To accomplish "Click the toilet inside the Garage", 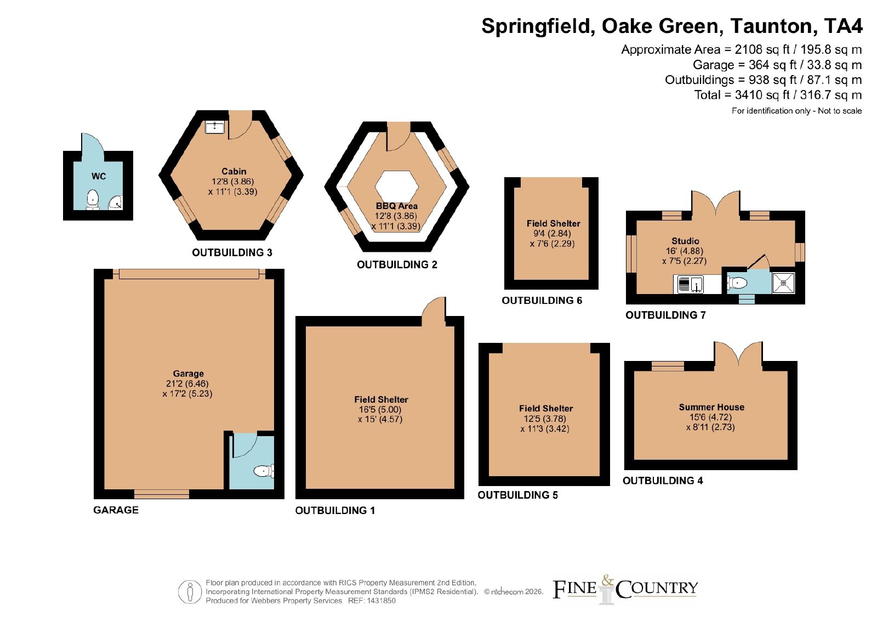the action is (x=264, y=471).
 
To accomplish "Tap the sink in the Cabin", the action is (x=215, y=127).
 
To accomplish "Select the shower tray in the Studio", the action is (x=783, y=283).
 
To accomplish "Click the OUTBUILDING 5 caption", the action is (x=517, y=495).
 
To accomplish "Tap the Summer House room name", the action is (x=711, y=407).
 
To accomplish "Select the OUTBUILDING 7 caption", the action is (x=665, y=315).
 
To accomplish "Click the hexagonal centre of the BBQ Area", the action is (x=397, y=187).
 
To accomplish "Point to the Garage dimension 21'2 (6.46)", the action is (x=187, y=383).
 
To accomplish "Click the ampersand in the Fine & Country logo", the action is (x=607, y=580).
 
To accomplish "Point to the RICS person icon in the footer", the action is (x=190, y=591).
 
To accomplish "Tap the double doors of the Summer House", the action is (x=738, y=353).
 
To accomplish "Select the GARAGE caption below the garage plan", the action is (x=116, y=510).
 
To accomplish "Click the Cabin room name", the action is (x=234, y=171).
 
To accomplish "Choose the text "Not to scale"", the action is (x=840, y=111).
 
